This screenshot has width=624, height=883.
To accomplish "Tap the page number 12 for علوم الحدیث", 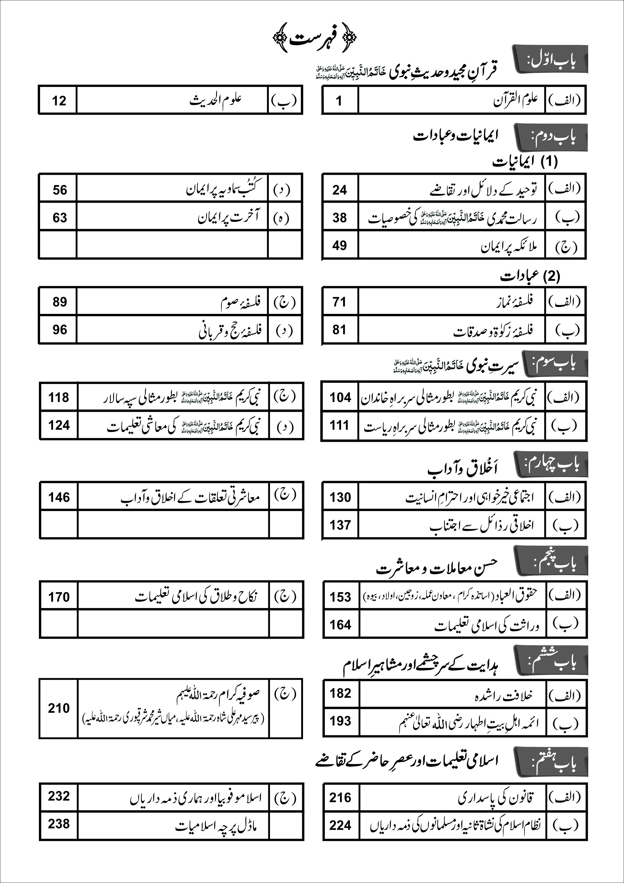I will click(59, 101).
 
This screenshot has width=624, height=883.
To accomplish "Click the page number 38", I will click(340, 218).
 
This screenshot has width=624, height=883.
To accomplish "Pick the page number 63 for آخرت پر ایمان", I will click(60, 218).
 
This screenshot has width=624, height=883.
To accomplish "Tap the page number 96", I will click(60, 330).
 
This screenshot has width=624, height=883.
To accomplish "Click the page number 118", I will click(59, 397).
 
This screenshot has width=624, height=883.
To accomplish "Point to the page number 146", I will click(59, 497).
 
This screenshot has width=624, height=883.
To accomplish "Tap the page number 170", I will click(59, 597).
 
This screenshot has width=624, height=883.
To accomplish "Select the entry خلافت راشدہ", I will click(504, 695).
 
